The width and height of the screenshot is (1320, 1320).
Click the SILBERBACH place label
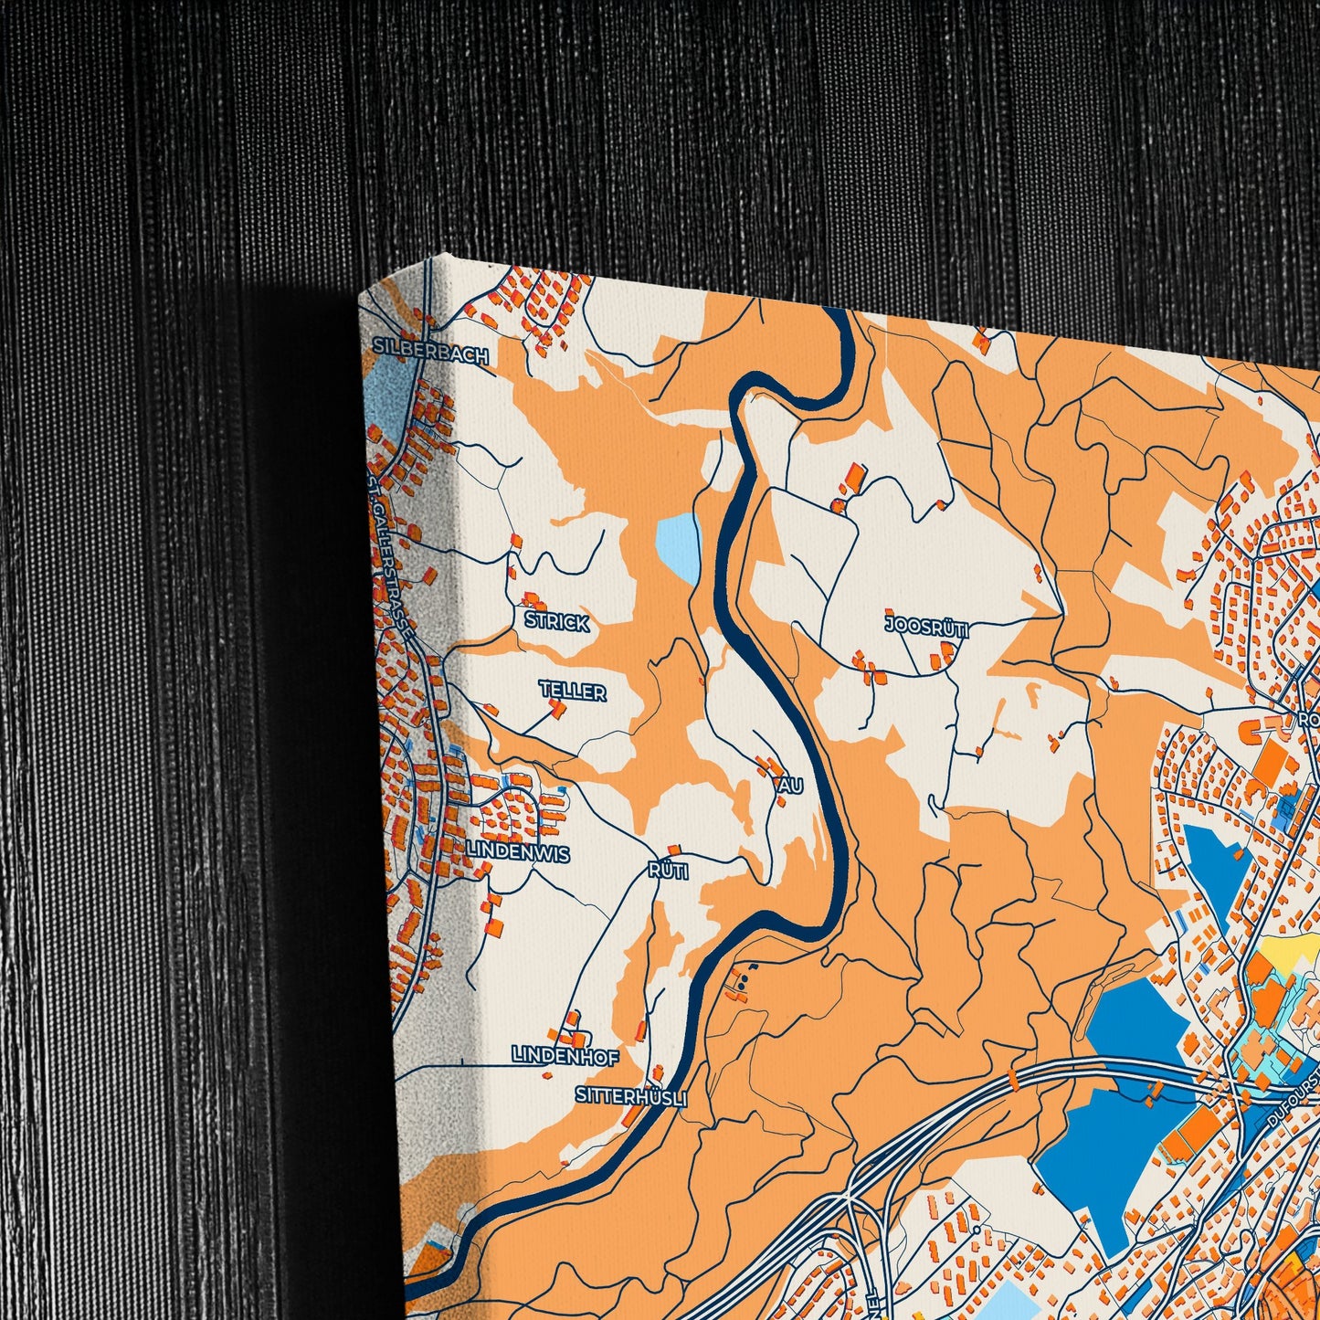pyautogui.click(x=431, y=354)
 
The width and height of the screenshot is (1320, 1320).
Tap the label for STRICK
pyautogui.click(x=557, y=622)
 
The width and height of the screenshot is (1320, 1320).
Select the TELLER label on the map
pyautogui.click(x=572, y=691)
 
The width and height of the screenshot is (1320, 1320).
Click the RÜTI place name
pyautogui.click(x=668, y=871)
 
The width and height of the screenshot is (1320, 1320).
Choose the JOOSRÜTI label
pyautogui.click(x=926, y=627)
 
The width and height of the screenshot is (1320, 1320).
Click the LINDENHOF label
pyautogui.click(x=565, y=1056)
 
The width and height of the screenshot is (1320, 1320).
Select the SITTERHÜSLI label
pyautogui.click(x=630, y=1095)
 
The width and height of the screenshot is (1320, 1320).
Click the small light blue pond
pyautogui.click(x=677, y=545)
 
